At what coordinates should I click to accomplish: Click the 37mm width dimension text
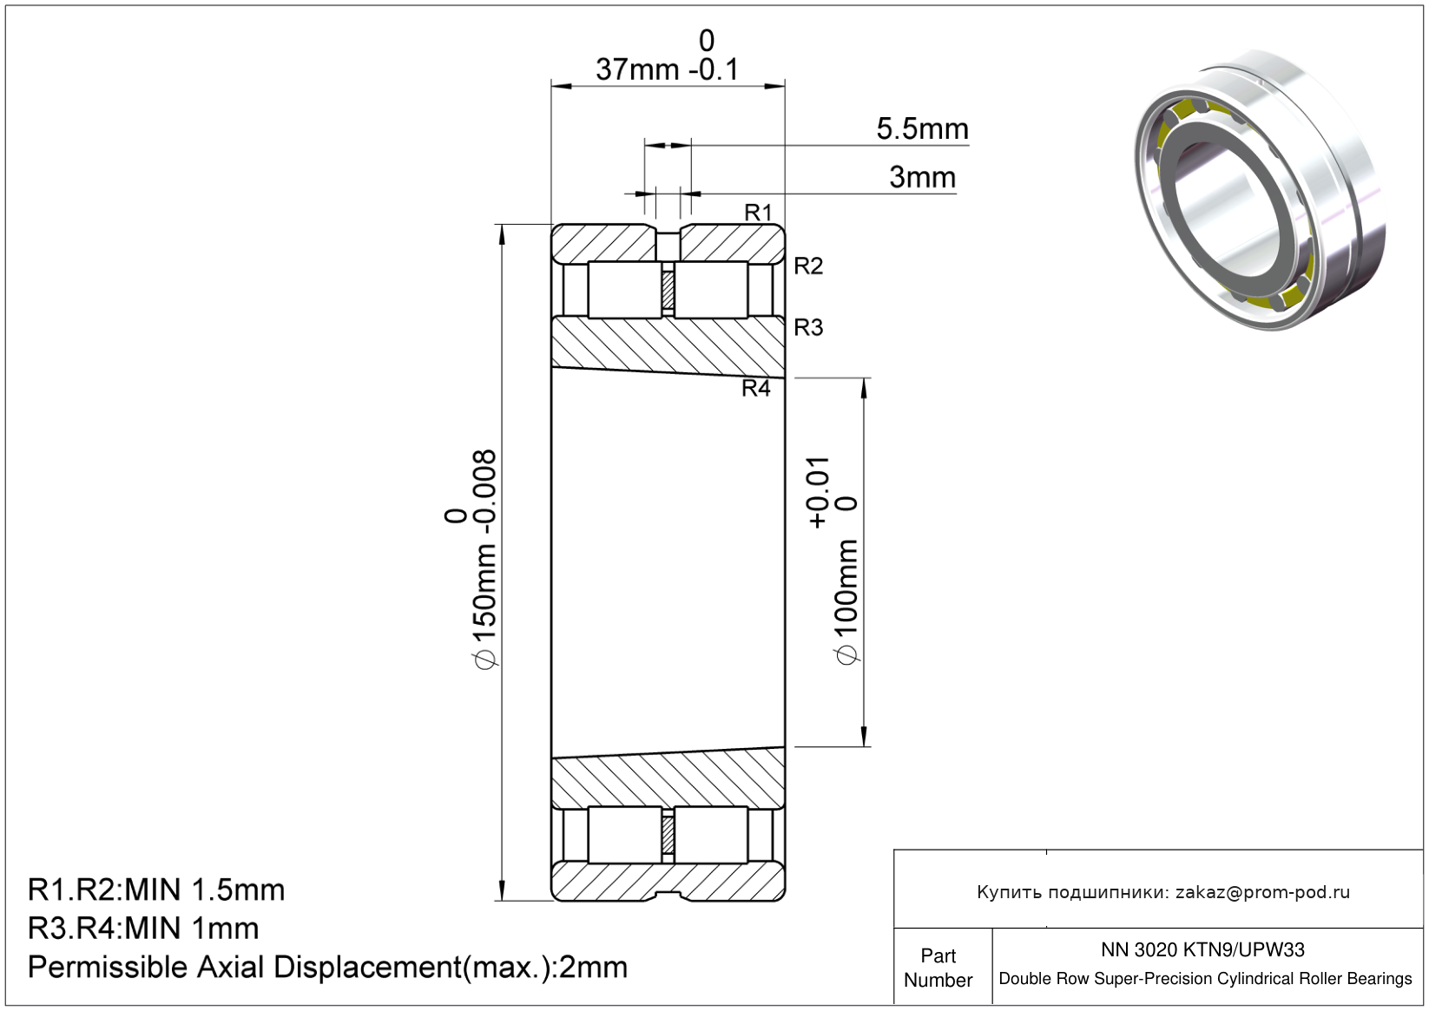click(637, 69)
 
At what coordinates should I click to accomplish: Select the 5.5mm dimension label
click(923, 128)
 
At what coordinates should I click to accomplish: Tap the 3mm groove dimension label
click(923, 177)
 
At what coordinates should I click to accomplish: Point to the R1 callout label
click(758, 213)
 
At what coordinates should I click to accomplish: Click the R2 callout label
click(808, 266)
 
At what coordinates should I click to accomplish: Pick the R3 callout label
click(808, 327)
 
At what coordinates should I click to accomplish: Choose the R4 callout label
click(756, 388)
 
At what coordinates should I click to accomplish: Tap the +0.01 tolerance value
click(819, 492)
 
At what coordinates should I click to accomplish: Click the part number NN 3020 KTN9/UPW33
click(1202, 949)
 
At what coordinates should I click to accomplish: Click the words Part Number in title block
click(938, 967)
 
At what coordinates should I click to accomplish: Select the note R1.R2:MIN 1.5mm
click(156, 890)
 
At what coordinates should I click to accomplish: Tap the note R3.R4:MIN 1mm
click(143, 928)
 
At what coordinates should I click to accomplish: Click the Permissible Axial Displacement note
click(328, 967)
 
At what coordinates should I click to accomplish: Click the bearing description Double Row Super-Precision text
click(1205, 979)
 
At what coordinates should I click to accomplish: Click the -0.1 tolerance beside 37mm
click(714, 69)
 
